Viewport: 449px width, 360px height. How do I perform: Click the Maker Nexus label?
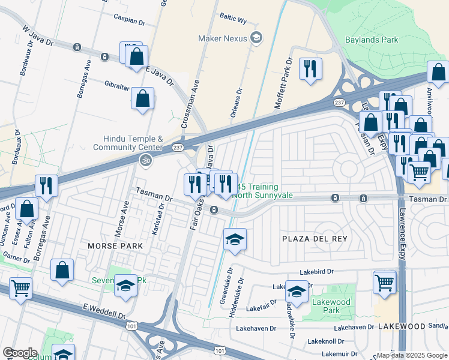[x=223, y=38]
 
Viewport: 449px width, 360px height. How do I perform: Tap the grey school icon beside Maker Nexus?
[x=256, y=38]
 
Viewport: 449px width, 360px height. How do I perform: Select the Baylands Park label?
[x=372, y=40]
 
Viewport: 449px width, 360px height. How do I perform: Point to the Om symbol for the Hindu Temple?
[x=143, y=160]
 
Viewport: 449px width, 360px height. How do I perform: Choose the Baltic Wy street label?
[x=234, y=19]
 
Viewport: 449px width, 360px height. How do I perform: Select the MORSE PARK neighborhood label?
[x=115, y=246]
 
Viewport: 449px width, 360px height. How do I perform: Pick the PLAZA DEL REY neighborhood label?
[x=315, y=239]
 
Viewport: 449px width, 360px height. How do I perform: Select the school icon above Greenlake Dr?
[x=235, y=240]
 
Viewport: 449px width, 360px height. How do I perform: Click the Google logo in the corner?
[x=20, y=353]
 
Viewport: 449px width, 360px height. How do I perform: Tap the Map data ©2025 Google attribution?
[x=412, y=355]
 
